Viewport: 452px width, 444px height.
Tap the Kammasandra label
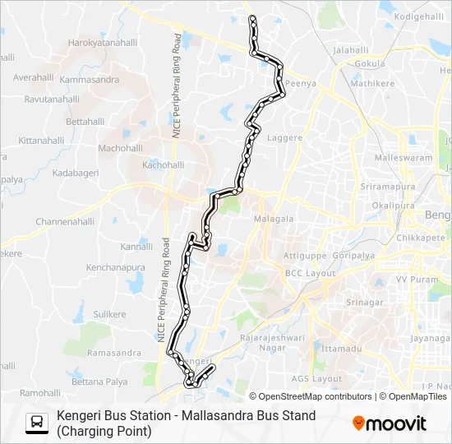click(x=90, y=81)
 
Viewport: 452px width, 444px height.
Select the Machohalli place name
click(x=120, y=148)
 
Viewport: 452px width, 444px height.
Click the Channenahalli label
click(x=65, y=222)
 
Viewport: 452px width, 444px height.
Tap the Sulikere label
click(x=110, y=314)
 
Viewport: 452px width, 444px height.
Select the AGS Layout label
click(x=316, y=379)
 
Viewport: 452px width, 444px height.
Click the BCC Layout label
click(x=311, y=272)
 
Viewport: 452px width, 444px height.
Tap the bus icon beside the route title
click(x=37, y=423)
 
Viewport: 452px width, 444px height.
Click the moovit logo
click(x=390, y=423)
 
